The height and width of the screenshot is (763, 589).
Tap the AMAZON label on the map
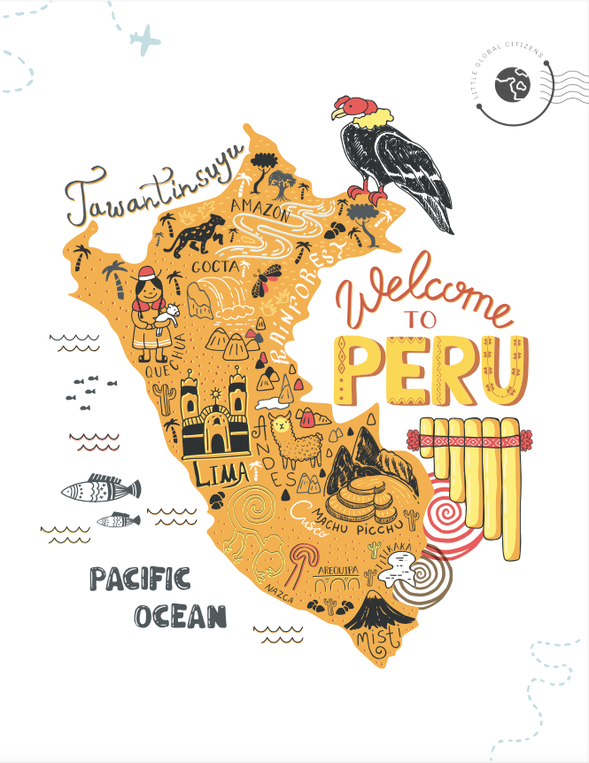coord(260,213)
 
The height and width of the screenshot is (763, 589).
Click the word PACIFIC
coord(140,580)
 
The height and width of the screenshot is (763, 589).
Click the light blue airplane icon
coord(146,38)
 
